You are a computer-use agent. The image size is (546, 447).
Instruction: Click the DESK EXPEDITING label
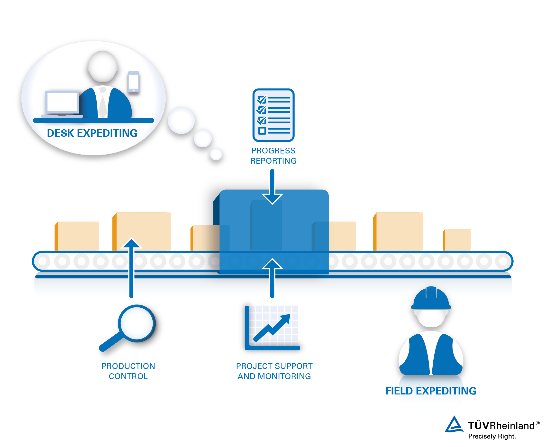click(x=92, y=133)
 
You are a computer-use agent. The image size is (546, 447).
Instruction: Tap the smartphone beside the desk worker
click(x=134, y=82)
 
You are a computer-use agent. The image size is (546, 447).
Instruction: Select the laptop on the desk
click(x=62, y=104)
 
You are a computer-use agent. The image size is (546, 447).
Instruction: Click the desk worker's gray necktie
click(x=103, y=106)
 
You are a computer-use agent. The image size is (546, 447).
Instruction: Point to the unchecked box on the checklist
click(x=262, y=131)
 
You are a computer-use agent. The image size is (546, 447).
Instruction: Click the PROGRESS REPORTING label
click(x=273, y=155)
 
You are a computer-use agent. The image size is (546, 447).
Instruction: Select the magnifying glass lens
click(x=137, y=323)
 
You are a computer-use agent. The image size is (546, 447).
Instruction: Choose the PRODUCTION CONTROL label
click(x=128, y=371)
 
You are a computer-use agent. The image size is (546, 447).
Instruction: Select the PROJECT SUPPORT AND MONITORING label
click(x=274, y=371)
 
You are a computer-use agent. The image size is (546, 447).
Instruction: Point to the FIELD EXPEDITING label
click(x=431, y=391)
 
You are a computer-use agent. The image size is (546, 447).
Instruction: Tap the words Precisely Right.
click(x=492, y=437)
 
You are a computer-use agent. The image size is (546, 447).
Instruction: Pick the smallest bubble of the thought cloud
click(x=216, y=154)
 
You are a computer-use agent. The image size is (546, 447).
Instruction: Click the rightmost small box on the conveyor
click(x=457, y=240)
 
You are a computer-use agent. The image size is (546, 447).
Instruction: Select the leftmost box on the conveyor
click(x=77, y=236)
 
